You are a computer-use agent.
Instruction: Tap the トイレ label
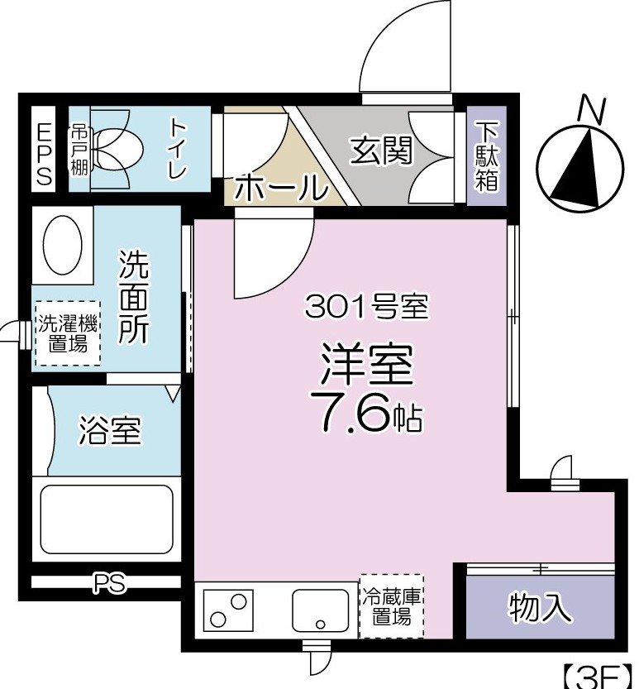click(178, 149)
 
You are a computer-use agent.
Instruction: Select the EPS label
click(44, 154)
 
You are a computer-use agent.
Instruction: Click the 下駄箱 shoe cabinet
click(486, 156)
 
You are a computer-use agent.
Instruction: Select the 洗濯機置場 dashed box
click(67, 333)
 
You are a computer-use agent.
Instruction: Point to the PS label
click(108, 584)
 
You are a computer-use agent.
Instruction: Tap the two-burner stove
click(231, 610)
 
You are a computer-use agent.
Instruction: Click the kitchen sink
click(320, 610)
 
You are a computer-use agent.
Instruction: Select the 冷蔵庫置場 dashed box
click(391, 605)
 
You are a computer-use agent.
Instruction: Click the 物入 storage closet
click(540, 608)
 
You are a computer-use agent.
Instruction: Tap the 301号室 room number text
click(365, 308)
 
